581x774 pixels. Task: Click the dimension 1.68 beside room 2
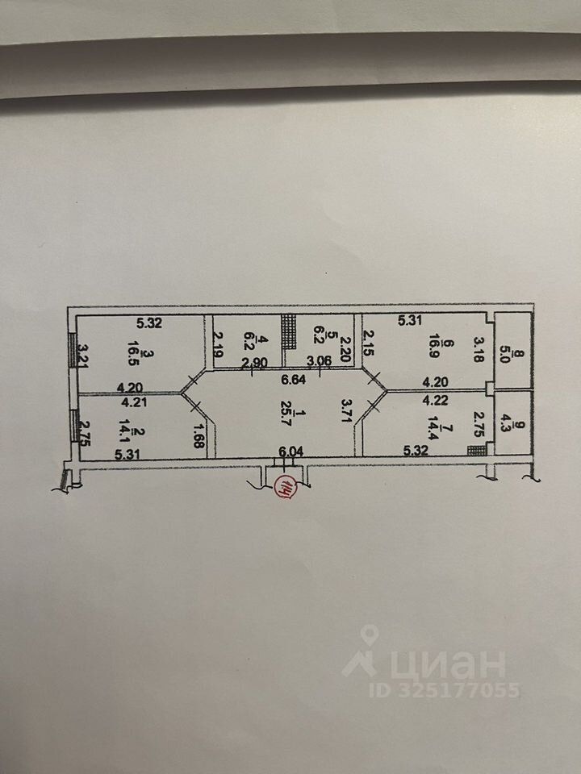[199, 436]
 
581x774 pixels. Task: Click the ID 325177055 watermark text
[445, 690]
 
